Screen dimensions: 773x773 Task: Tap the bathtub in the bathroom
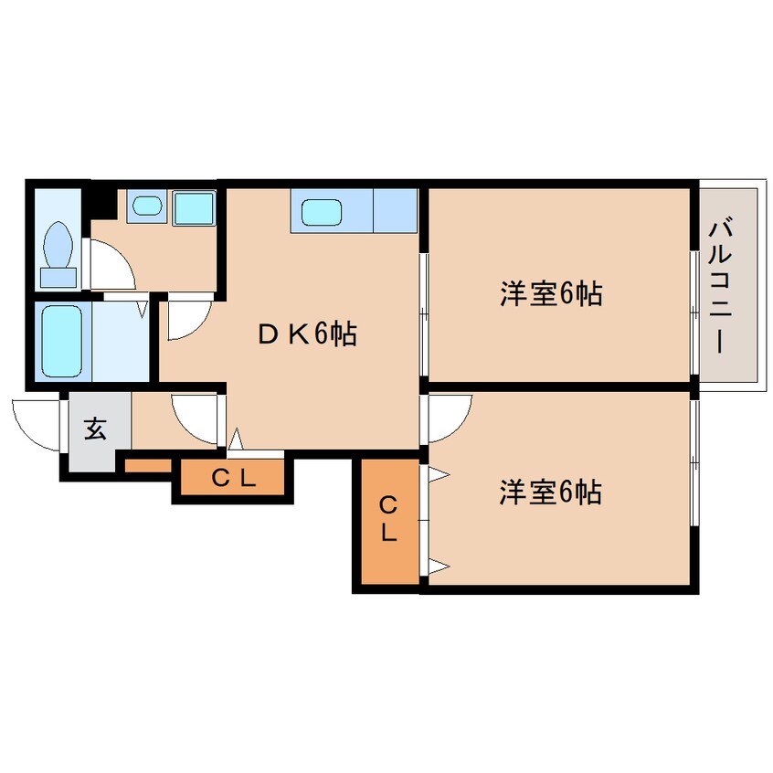click(62, 341)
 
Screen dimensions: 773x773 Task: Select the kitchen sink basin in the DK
click(322, 212)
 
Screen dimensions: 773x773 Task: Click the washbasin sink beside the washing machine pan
click(147, 205)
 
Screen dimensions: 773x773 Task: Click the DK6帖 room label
click(308, 334)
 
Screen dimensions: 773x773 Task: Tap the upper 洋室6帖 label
click(551, 294)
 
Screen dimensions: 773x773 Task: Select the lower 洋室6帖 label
click(551, 492)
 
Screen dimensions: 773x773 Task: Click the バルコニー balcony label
click(720, 288)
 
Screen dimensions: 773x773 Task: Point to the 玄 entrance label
click(95, 429)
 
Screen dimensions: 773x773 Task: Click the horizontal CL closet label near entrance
click(234, 477)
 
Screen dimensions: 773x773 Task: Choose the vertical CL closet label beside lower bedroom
click(388, 519)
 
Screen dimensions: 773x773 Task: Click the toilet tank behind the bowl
click(58, 278)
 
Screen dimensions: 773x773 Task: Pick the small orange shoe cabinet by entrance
click(148, 465)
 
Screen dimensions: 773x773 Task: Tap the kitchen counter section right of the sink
click(396, 210)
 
